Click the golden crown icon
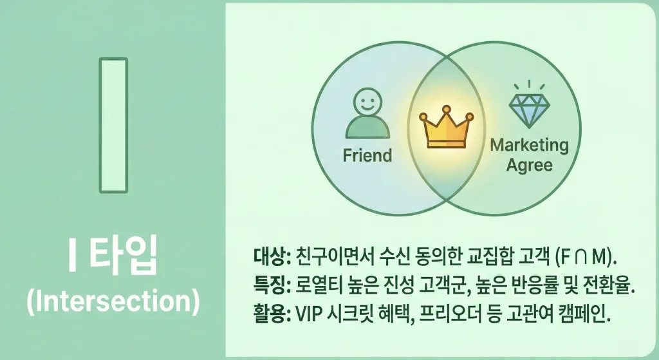[x=446, y=126]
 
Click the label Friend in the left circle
[x=367, y=155]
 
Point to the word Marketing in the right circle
[x=530, y=145]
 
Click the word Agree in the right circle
[x=530, y=166]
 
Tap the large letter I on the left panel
[x=113, y=125]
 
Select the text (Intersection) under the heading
[x=113, y=300]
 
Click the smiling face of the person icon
[x=367, y=102]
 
